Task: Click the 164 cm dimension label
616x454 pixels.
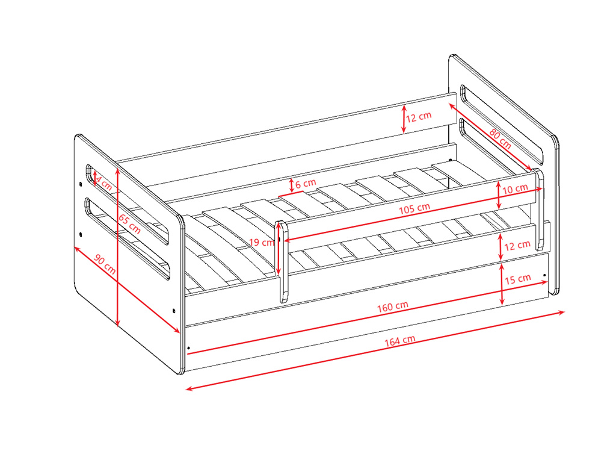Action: (399, 340)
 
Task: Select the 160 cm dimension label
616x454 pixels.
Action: (392, 306)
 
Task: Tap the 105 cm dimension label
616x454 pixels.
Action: (414, 208)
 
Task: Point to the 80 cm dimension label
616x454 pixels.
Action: (500, 138)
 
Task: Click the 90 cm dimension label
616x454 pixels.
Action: (105, 264)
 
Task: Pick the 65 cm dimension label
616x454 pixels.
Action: (130, 224)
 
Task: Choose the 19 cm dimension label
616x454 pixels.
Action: (261, 242)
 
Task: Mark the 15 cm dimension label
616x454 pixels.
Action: (518, 279)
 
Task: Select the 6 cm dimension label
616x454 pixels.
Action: (306, 184)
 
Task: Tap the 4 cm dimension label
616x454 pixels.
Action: (103, 183)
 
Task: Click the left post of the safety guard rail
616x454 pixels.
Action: (282, 261)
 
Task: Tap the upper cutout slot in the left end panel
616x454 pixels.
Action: (128, 204)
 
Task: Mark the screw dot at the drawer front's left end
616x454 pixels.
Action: (188, 348)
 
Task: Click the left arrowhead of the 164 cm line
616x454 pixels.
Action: (188, 389)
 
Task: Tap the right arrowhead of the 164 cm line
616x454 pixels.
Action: (561, 313)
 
